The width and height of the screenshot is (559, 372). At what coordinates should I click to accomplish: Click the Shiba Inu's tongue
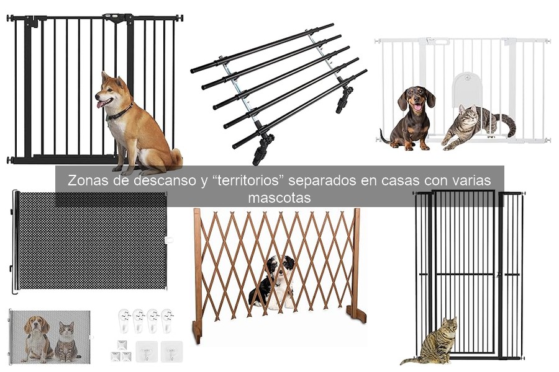pyautogui.click(x=100, y=104)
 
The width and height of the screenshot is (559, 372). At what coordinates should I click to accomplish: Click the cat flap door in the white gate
pyautogui.click(x=466, y=90)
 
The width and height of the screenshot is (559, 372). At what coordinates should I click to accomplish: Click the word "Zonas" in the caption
pyautogui.click(x=88, y=181)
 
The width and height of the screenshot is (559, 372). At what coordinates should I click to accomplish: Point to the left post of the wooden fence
pyautogui.click(x=197, y=273)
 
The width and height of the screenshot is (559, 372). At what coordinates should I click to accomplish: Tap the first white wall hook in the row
pyautogui.click(x=124, y=321)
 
